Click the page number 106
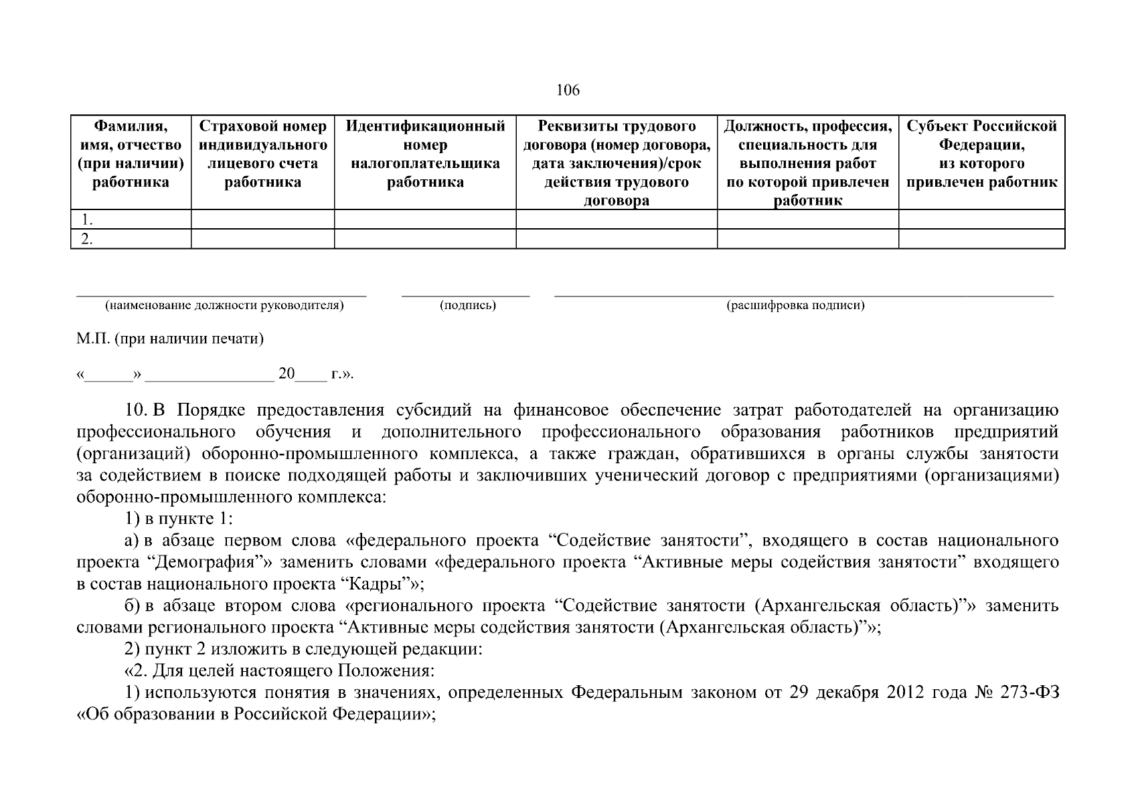[568, 90]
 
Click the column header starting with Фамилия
[131, 154]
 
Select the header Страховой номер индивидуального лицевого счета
[262, 154]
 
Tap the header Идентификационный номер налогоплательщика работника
[425, 154]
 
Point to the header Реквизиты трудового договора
[617, 163]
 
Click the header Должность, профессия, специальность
[807, 163]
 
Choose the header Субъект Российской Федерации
[981, 154]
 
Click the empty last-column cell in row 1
[981, 219]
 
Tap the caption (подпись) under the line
[467, 306]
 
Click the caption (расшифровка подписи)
[795, 306]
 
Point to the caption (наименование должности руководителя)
[224, 306]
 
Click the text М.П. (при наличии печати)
[170, 339]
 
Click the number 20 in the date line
[287, 373]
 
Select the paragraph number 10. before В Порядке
[137, 410]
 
